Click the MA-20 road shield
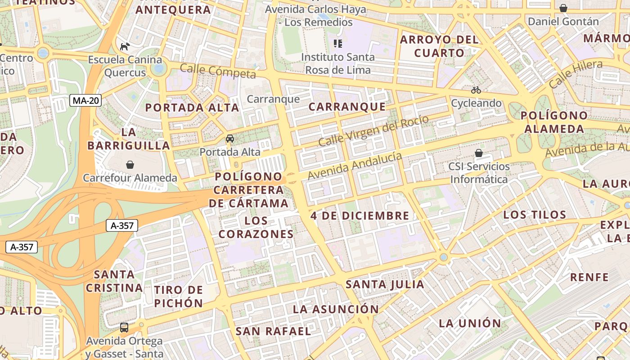pos(85,100)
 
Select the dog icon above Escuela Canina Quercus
pos(125,46)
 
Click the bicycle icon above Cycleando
pos(476,90)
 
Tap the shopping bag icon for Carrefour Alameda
pos(130,165)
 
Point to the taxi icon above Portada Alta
pos(230,139)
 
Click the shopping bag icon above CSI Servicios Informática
pos(479,153)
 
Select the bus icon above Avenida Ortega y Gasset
pos(124,327)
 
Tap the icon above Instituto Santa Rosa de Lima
pos(338,44)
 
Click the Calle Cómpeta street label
pos(218,71)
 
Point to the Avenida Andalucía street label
pos(355,166)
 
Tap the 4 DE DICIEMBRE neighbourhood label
pos(360,216)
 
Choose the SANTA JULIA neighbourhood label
pos(385,284)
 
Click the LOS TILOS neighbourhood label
pos(535,215)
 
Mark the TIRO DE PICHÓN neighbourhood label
pos(179,296)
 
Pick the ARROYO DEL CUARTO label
pos(439,46)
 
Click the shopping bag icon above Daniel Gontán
pos(563,8)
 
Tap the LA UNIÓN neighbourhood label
pos(470,323)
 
